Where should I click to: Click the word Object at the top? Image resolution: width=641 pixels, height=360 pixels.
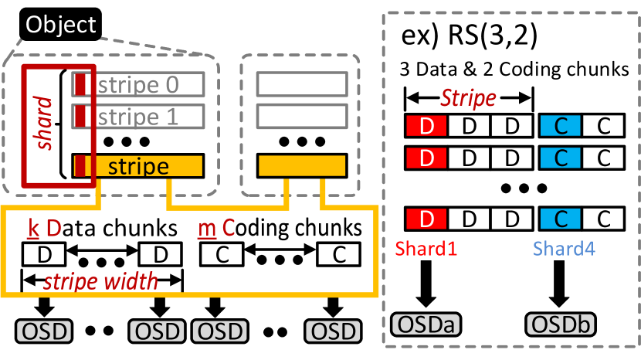(x=61, y=24)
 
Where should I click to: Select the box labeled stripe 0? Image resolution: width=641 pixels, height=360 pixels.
(x=138, y=84)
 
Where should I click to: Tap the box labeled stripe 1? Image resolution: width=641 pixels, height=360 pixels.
(x=138, y=117)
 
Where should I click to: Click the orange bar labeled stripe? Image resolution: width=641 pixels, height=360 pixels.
(x=139, y=166)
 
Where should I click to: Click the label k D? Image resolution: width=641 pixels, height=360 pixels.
(x=45, y=229)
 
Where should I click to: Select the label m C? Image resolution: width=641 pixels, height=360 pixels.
(x=217, y=229)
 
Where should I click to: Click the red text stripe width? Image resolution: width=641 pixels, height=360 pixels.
(x=100, y=281)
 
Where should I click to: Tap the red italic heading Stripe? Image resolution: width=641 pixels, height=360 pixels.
(x=468, y=98)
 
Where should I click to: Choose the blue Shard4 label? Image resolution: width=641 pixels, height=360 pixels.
(x=564, y=249)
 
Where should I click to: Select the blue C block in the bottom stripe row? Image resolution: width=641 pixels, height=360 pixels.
(x=561, y=219)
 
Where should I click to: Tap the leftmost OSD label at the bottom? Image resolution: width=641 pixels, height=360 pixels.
(x=44, y=332)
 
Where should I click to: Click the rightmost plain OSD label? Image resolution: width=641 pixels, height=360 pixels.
(x=334, y=332)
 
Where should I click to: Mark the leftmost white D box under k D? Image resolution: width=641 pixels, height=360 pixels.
(x=44, y=254)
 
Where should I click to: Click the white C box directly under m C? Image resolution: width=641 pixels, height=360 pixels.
(x=222, y=254)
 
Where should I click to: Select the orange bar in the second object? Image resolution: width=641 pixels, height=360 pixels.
(x=302, y=166)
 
